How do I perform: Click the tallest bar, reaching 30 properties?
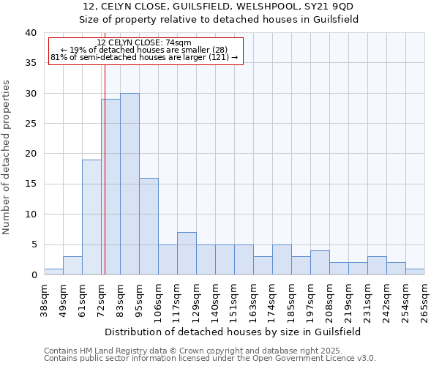coord(130,184)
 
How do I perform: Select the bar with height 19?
coord(91,217)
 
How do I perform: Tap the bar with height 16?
coord(149,226)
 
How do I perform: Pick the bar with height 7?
coord(187,253)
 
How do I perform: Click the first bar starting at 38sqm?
coord(53,272)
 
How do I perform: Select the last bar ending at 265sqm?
coord(415,272)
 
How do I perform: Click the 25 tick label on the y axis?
coord(31,124)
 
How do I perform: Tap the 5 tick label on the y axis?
coord(34,244)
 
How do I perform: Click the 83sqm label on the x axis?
coord(120,300)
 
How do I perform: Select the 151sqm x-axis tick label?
coord(234,300)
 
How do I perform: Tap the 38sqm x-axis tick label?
coord(44,300)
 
